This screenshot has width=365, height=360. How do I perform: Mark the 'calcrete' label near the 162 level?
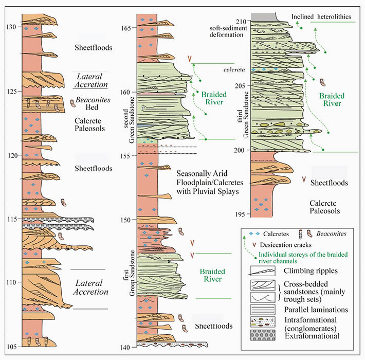232,69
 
